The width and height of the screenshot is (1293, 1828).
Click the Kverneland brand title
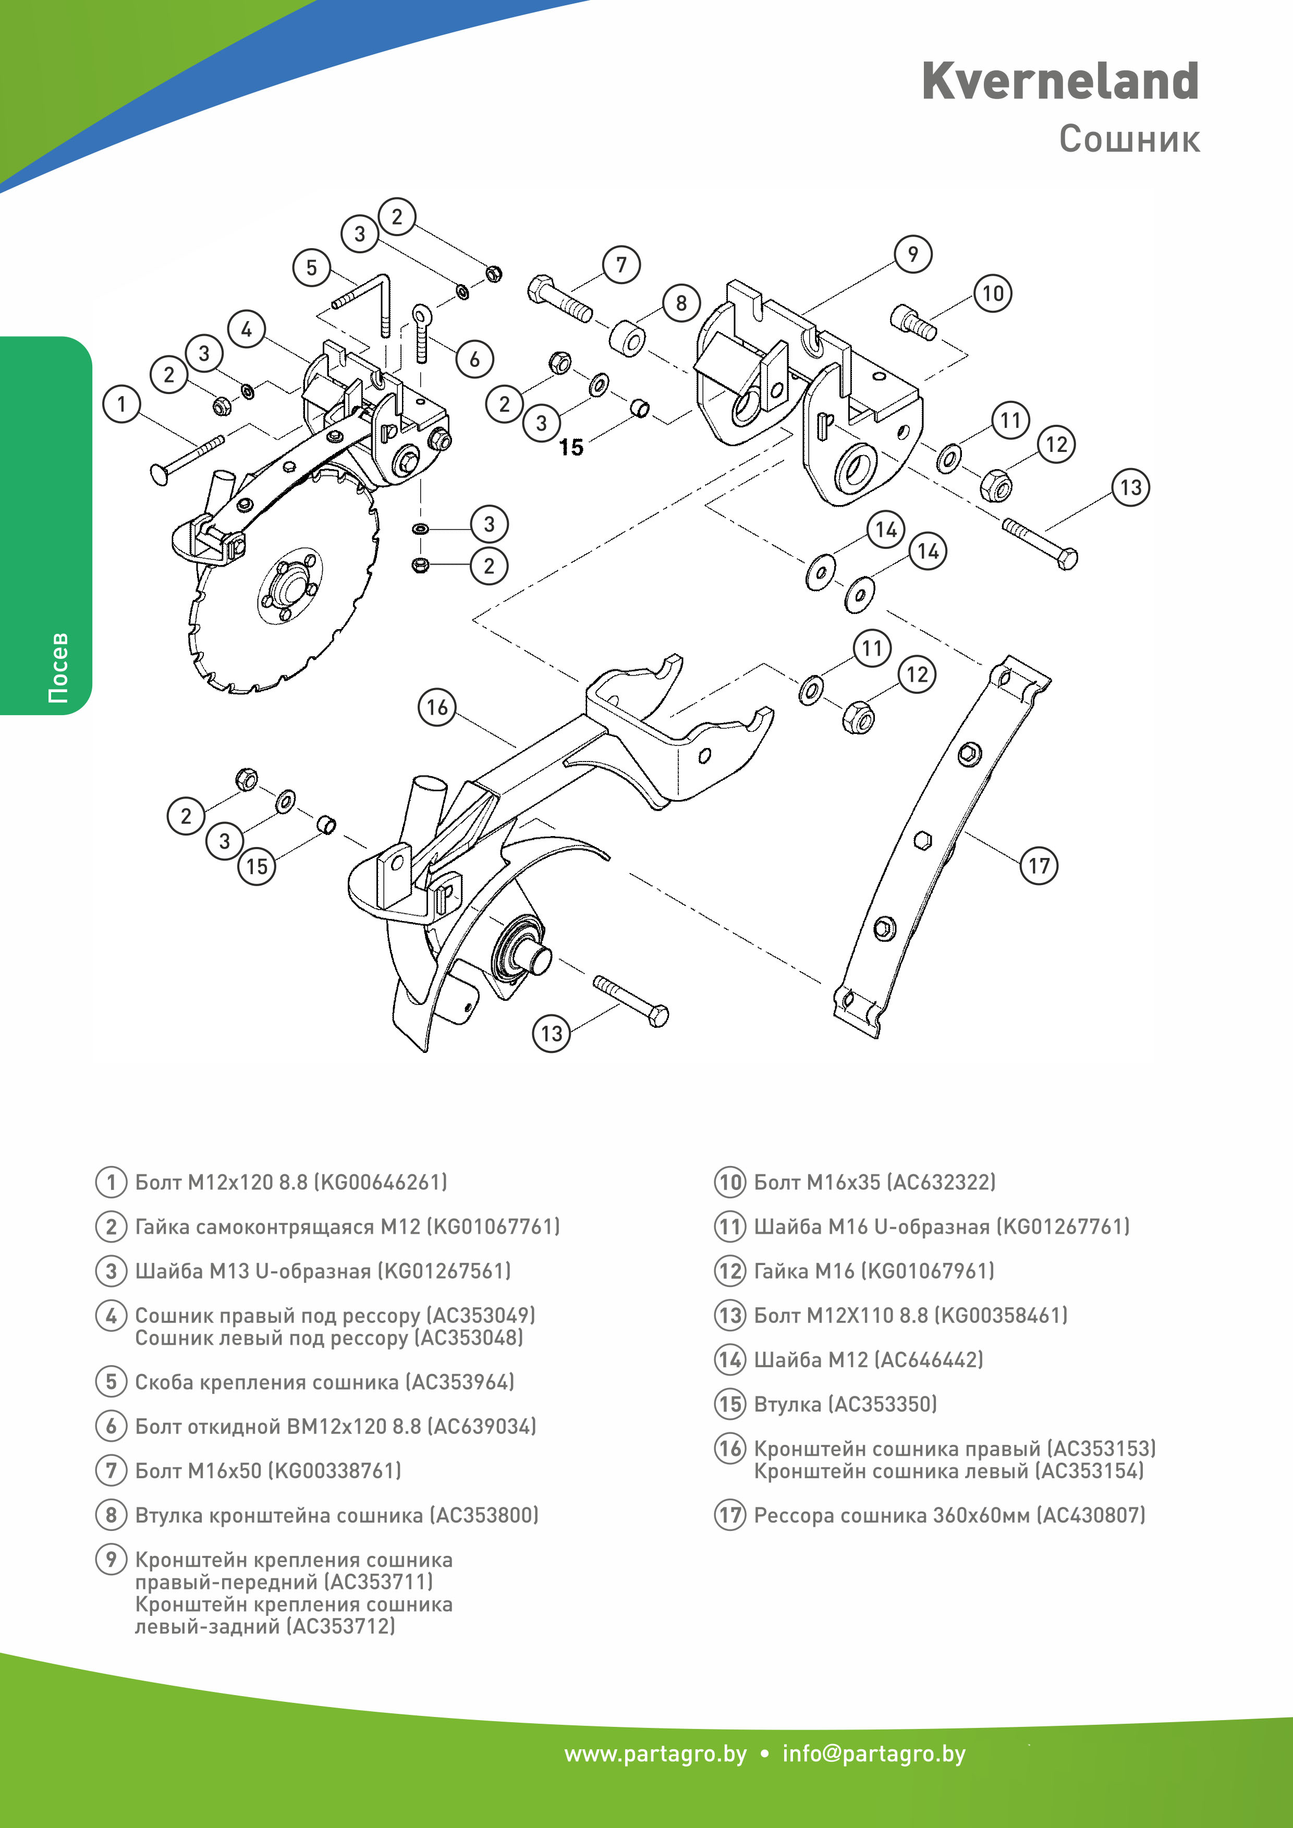1060,81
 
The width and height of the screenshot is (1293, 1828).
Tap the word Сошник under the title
1129,139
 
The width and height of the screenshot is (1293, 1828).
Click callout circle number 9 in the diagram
912,254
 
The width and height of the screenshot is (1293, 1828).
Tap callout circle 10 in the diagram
993,294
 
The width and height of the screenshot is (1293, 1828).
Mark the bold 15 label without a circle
571,447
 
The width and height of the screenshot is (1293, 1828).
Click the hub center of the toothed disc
288,587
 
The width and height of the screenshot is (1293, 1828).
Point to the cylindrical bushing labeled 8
629,338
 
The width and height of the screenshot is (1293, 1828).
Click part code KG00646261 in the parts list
381,1182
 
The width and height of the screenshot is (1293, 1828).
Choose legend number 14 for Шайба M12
730,1360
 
